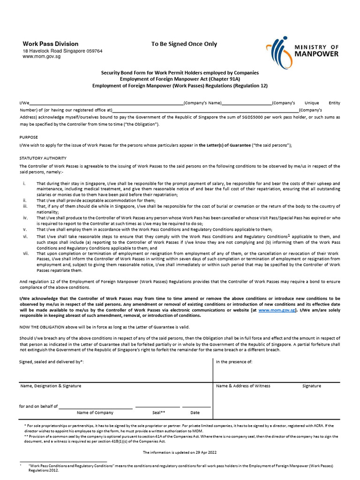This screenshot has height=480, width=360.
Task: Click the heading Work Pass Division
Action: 51,44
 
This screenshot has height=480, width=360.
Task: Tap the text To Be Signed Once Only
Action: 184,44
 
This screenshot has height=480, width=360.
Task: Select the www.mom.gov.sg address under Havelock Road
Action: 42,56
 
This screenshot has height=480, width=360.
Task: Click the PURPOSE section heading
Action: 29,137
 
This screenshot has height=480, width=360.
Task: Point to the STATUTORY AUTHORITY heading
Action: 43,158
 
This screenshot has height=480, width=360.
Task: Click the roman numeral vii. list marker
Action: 26,253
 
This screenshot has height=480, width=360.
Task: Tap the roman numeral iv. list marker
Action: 26,218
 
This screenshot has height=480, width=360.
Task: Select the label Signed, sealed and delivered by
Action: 52,362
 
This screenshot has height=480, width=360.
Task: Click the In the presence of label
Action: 234,362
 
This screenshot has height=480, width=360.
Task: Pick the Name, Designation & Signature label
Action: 51,386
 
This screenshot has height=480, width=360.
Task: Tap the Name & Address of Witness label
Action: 243,386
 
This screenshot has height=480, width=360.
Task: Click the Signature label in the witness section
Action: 312,386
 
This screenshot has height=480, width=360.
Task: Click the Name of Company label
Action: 95,412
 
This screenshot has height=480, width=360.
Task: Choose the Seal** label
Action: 159,412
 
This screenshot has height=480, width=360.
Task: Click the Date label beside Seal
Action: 195,412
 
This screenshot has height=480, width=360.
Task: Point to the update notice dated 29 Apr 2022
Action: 180,452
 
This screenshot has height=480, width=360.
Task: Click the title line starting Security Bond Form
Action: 180,73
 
